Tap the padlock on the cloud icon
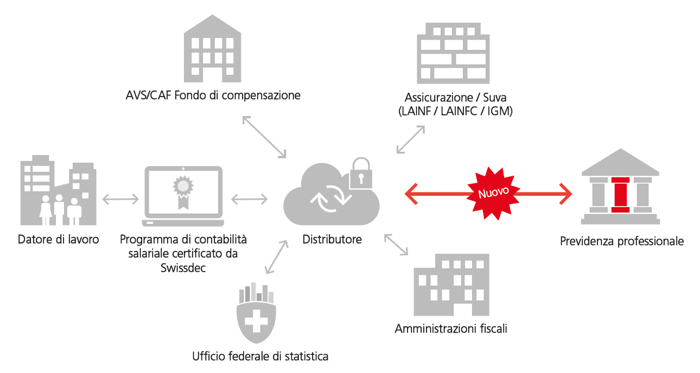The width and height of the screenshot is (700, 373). click(361, 175)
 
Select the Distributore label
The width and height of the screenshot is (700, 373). click(332, 239)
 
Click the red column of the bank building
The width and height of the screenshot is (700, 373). click(619, 194)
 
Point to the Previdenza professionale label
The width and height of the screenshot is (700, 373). click(622, 241)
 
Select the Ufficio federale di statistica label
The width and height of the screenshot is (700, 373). click(260, 357)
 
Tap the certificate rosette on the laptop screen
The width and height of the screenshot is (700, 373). click(183, 188)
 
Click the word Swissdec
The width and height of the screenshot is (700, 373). click(183, 268)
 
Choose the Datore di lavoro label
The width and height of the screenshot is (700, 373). click(59, 239)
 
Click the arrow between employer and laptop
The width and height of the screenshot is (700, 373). click(120, 200)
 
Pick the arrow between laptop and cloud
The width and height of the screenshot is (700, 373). click(250, 200)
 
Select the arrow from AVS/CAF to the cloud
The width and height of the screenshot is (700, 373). click(264, 137)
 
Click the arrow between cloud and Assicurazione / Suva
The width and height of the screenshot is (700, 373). click(410, 139)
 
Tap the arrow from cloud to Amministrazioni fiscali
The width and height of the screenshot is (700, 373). click(397, 244)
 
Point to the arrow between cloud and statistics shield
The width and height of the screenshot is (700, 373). click(276, 257)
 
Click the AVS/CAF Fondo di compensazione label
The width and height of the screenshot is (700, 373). click(212, 96)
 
